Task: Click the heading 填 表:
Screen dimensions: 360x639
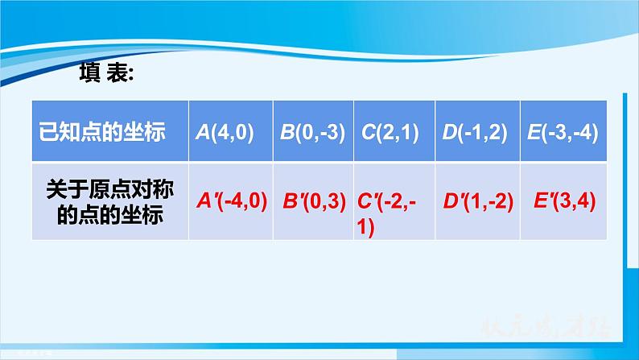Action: (x=109, y=73)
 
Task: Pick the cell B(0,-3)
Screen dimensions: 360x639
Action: (x=313, y=132)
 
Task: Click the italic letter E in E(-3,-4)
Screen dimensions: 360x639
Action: (x=532, y=132)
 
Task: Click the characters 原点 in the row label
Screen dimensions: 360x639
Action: (x=109, y=193)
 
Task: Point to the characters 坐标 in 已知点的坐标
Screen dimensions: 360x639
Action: (x=148, y=132)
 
